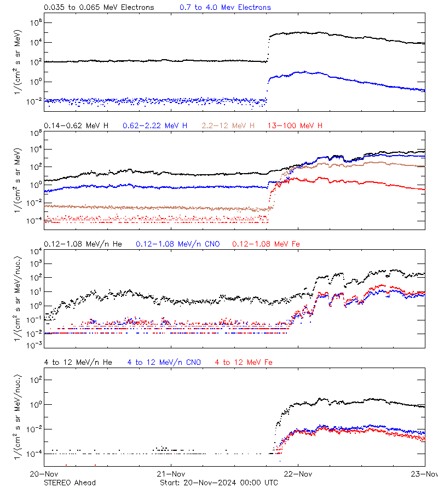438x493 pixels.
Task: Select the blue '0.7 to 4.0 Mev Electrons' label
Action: [225, 7]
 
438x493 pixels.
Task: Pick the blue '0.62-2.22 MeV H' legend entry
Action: [155, 126]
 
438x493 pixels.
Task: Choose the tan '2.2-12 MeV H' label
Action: [228, 126]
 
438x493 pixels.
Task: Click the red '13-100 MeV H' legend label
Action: [295, 126]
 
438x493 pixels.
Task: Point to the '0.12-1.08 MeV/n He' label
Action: [84, 244]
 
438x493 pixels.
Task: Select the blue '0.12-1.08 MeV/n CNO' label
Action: [178, 244]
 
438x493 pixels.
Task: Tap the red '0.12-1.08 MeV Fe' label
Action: [266, 244]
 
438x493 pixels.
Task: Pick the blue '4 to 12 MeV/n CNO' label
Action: [164, 362]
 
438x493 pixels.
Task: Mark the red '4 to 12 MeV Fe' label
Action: [244, 362]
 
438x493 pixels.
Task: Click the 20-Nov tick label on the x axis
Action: [44, 474]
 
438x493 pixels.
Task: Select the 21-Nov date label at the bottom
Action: [171, 474]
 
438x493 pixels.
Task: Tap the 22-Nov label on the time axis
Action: [298, 474]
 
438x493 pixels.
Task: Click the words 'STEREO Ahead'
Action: [70, 483]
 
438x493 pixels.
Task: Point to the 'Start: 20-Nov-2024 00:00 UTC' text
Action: [218, 483]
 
